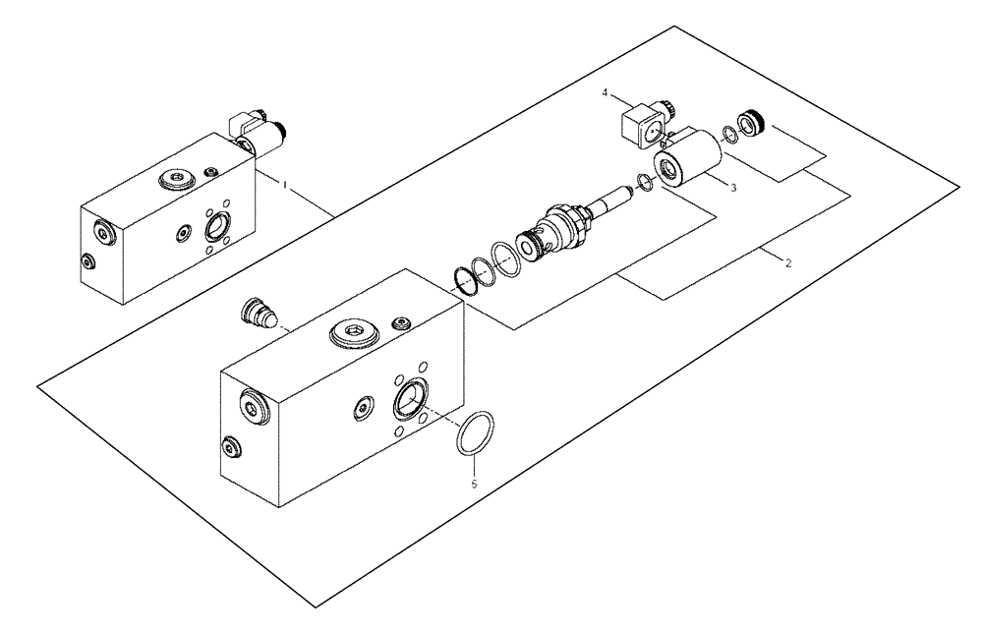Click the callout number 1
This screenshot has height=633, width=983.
(x=284, y=184)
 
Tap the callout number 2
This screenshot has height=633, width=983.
(x=786, y=262)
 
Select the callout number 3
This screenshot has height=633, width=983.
(x=732, y=186)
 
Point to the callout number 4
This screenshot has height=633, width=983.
(x=607, y=94)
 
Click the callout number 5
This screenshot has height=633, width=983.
(x=473, y=485)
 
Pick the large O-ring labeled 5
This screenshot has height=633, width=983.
(x=475, y=433)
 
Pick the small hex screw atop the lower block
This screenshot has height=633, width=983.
(x=401, y=323)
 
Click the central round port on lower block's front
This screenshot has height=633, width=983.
(x=410, y=400)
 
